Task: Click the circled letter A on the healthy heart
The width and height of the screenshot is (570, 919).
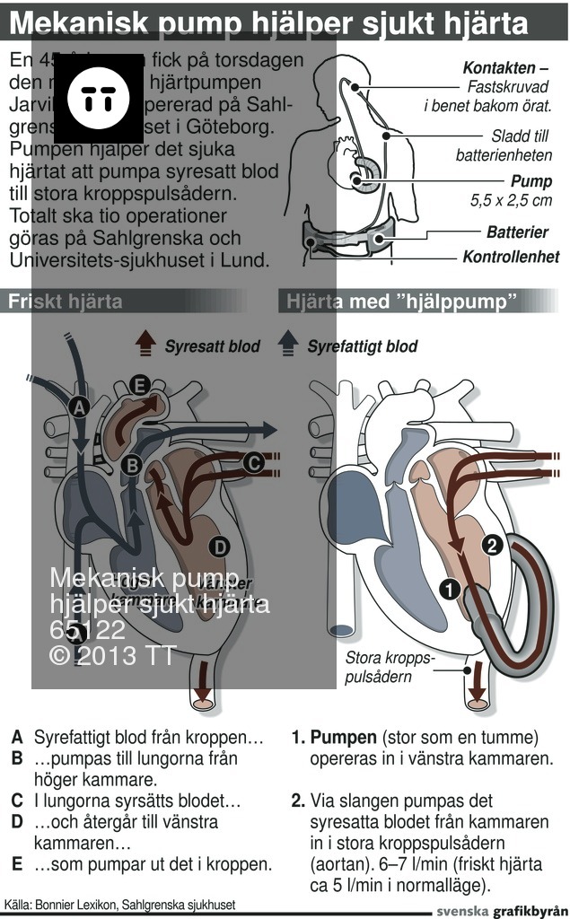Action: coord(78,407)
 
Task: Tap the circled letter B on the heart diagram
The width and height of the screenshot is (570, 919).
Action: coord(131,465)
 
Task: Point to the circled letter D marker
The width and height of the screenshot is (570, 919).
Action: coord(218,546)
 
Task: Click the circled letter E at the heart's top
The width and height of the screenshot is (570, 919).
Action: coord(137,385)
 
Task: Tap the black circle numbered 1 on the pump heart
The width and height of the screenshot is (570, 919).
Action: coord(451,589)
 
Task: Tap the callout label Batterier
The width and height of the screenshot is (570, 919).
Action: coord(517,232)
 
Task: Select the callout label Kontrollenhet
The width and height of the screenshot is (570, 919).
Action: coord(511,257)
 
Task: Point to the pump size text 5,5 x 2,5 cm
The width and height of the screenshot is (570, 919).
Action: coord(511,200)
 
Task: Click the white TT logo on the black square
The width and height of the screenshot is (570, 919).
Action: coord(99,98)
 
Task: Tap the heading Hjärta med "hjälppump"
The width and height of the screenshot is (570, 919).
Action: coord(402,302)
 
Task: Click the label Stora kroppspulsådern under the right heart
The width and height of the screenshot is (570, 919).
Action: coord(390,668)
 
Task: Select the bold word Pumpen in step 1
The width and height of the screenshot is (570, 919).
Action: coord(344,738)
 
